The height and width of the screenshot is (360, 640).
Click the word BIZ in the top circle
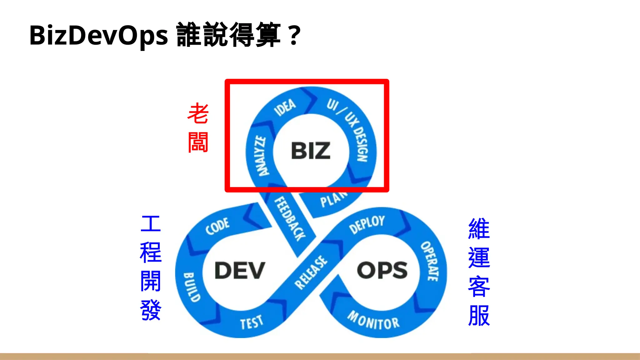311,151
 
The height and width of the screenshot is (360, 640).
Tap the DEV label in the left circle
240,270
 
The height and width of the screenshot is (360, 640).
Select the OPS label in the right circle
382,270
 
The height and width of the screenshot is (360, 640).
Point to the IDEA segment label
285,107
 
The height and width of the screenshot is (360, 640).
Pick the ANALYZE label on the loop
262,156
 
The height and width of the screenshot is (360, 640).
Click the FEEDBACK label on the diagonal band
290,219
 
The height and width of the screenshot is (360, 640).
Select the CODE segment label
217,226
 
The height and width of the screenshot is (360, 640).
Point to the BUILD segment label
192,287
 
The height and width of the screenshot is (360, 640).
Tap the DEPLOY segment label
367,224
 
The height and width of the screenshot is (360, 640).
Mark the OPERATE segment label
430,261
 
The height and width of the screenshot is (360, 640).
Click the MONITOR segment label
373,321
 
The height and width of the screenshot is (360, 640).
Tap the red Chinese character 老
198,113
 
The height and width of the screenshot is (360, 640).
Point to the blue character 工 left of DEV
151,224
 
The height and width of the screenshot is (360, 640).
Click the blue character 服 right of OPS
479,316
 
